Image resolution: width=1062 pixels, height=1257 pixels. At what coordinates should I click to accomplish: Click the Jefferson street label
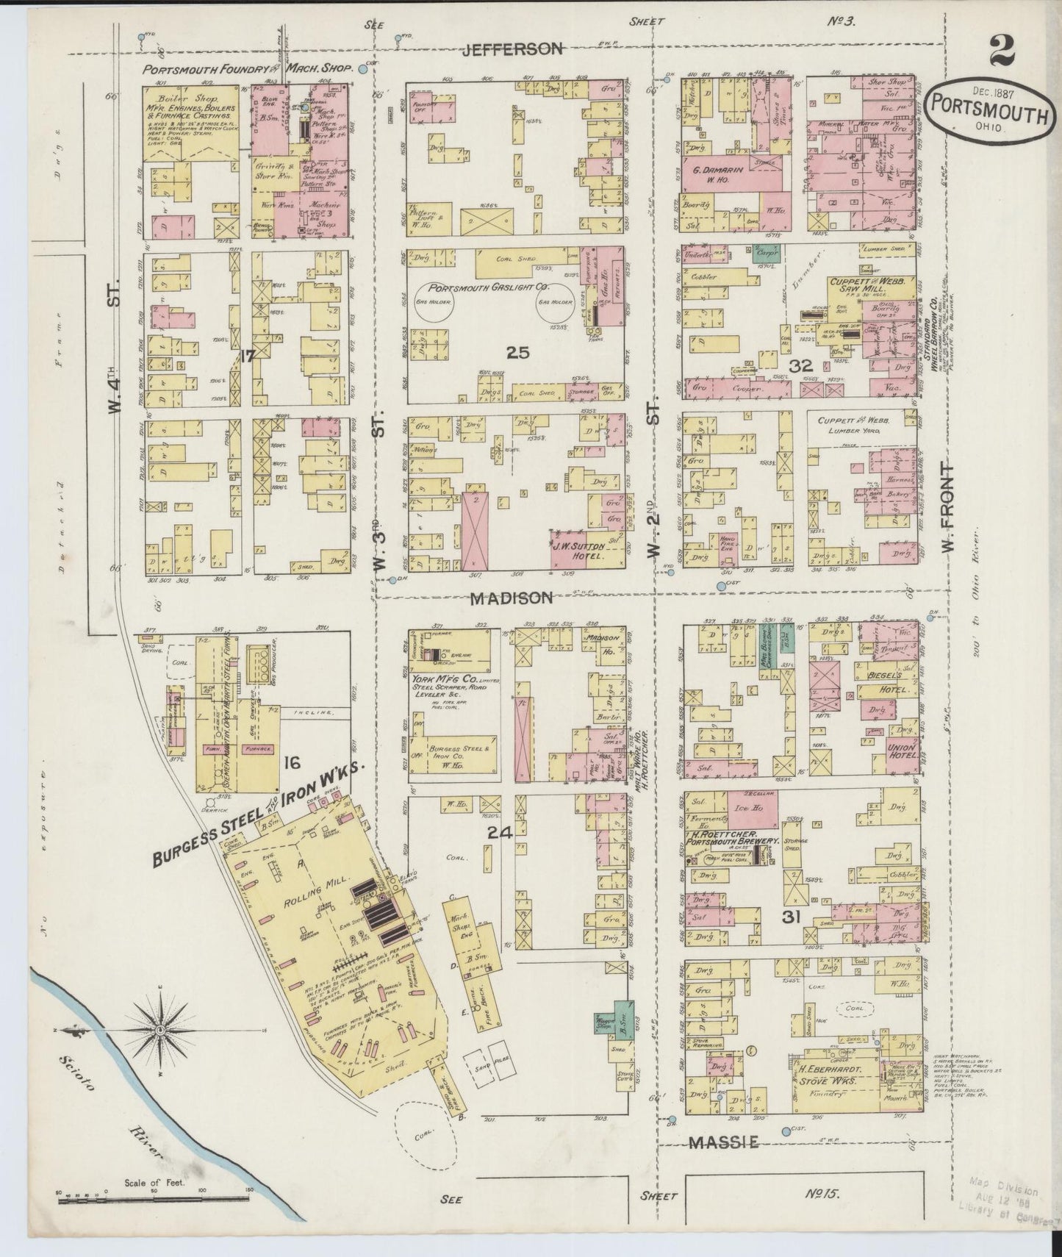[513, 49]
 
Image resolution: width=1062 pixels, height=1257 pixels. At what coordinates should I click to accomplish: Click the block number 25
[517, 353]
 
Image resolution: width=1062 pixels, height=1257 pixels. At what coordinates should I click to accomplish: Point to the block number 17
[246, 356]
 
